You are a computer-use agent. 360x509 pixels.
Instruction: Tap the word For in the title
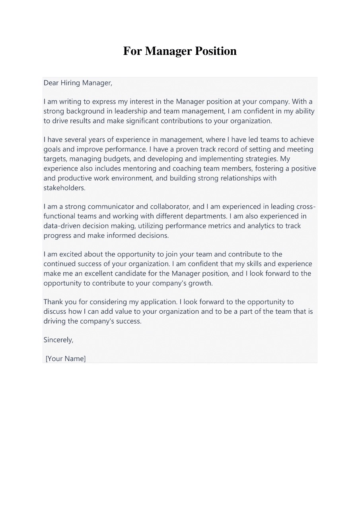point(132,51)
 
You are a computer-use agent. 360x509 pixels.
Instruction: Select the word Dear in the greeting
point(51,83)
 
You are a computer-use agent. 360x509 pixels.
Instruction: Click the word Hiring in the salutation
point(70,83)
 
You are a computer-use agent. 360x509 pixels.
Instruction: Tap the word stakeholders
point(64,188)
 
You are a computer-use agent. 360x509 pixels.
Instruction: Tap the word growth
point(202,283)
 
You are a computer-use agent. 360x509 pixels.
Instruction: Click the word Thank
point(54,302)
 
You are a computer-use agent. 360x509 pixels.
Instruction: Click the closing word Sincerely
point(58,340)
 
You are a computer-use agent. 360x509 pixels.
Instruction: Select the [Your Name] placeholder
point(66,359)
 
